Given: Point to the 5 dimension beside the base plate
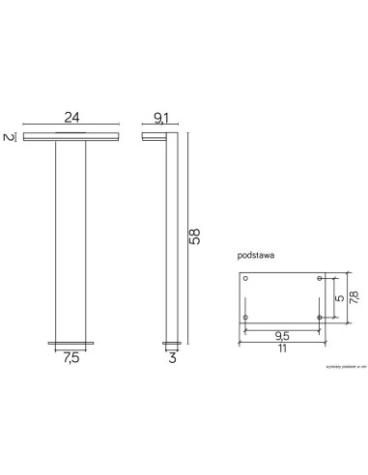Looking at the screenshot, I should [337, 298].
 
